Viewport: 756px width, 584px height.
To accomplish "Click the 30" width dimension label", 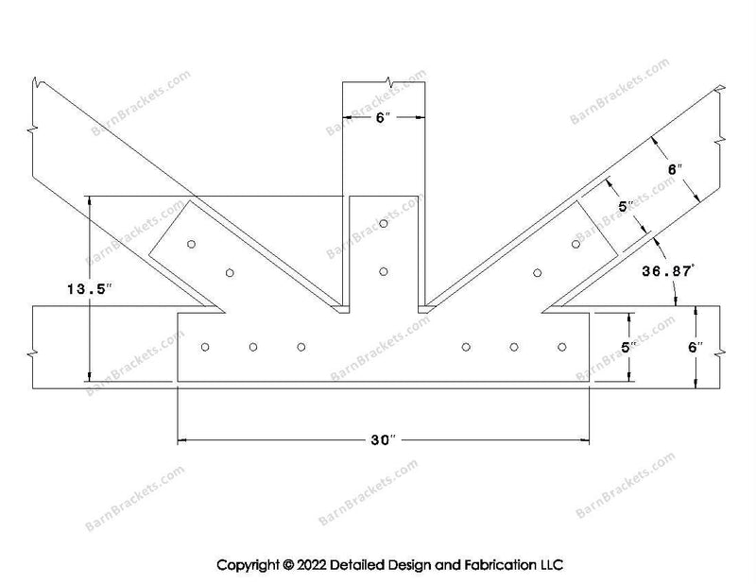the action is (384, 439).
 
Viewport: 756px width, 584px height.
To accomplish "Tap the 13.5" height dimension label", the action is (90, 289).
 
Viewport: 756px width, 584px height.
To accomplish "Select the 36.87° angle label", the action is (668, 271).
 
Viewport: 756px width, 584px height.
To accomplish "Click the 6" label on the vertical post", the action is (383, 117).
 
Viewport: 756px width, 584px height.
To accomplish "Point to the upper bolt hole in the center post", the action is (384, 223).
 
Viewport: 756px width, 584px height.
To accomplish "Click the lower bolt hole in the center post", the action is (384, 272).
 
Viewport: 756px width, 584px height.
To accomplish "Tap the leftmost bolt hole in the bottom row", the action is (205, 347).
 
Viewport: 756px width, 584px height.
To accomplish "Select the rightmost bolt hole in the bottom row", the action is (561, 347).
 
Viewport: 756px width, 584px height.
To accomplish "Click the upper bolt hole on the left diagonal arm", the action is (192, 244).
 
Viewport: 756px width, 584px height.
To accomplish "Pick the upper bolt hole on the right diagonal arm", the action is (576, 244).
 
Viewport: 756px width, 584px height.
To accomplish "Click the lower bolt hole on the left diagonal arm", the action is (230, 273).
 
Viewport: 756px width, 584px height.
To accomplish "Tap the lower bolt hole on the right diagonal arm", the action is (537, 273).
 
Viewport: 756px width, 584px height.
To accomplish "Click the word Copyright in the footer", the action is (248, 565).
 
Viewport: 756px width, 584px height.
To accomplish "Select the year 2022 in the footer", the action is (311, 565).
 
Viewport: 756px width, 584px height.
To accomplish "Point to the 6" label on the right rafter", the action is (675, 170).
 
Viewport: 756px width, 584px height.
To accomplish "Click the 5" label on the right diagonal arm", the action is (626, 207).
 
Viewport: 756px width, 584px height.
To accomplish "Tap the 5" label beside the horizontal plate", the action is (628, 347).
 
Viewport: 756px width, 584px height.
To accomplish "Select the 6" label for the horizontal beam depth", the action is (696, 347).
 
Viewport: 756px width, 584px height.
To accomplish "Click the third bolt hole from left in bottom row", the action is (301, 347).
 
